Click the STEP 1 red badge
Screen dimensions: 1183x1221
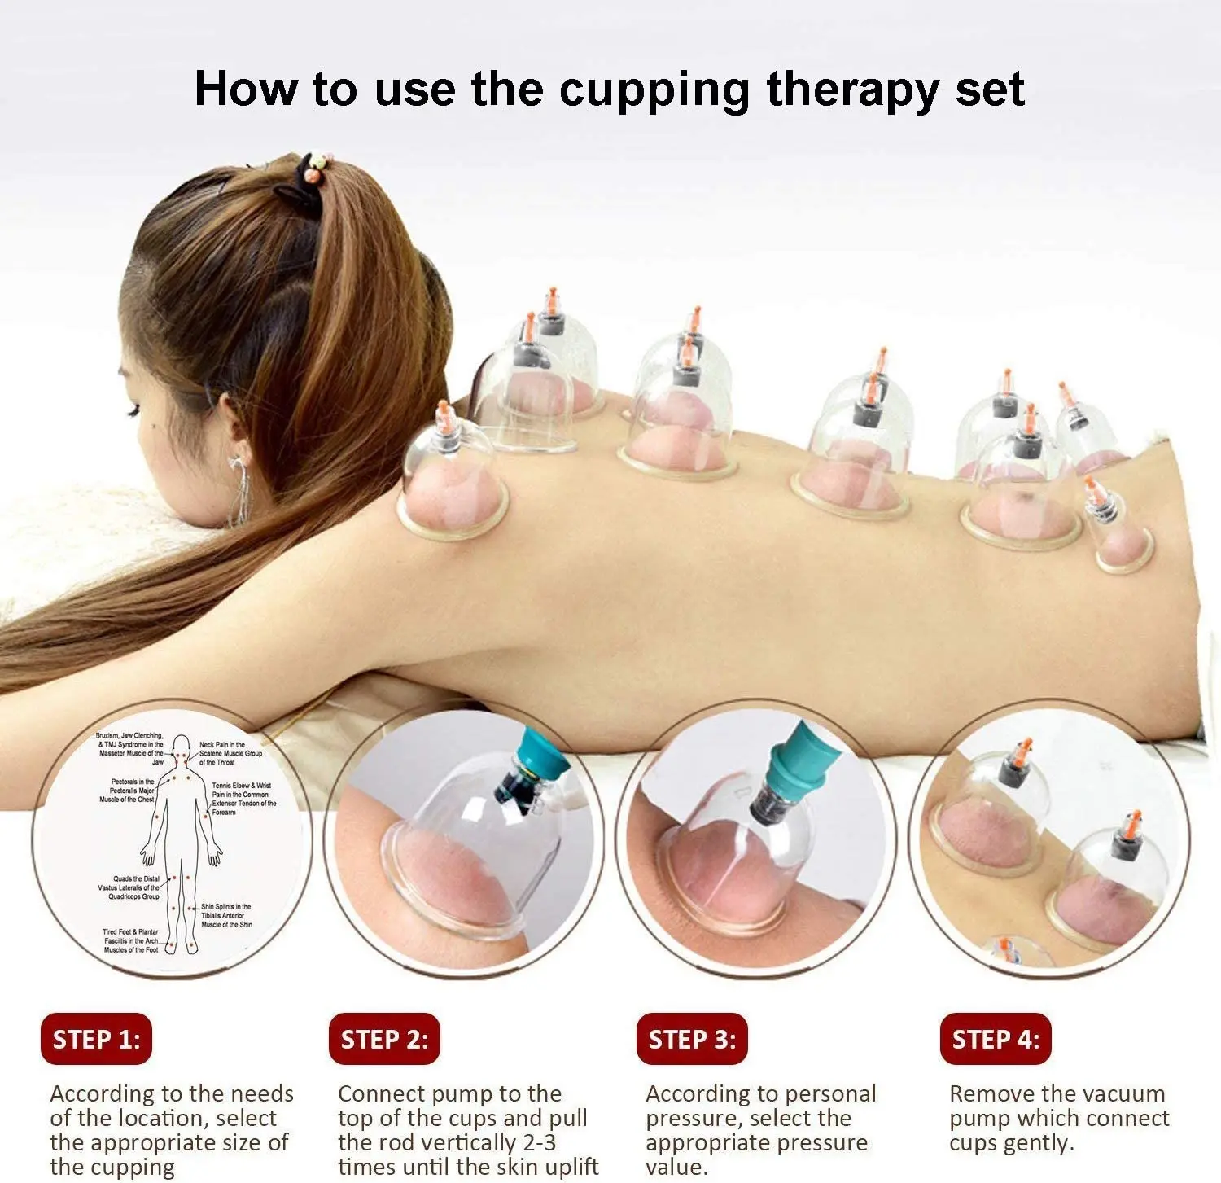tap(96, 1039)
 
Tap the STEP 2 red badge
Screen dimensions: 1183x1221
tap(384, 1039)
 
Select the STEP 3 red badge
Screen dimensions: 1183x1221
tap(692, 1039)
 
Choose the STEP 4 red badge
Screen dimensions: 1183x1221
tap(996, 1039)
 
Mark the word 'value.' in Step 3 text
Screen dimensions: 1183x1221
tap(676, 1167)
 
